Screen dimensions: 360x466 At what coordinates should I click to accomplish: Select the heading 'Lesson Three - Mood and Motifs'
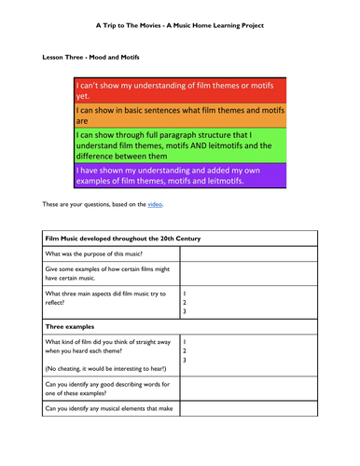pyautogui.click(x=93, y=57)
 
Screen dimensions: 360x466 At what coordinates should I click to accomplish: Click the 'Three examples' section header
pyautogui.click(x=75, y=326)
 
